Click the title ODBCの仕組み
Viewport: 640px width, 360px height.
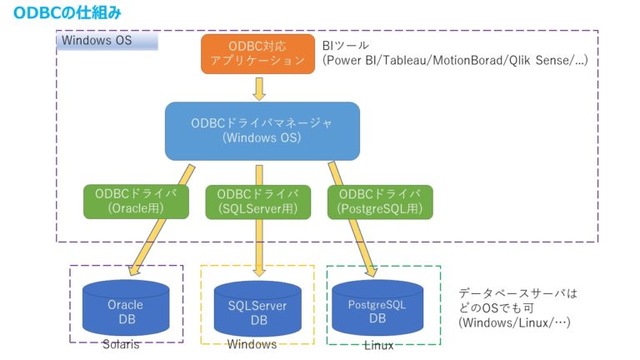tap(67, 12)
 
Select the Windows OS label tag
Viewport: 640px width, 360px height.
tap(107, 41)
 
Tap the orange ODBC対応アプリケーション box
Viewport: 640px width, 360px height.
tap(258, 54)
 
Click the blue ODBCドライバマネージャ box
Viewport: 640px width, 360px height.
tap(262, 131)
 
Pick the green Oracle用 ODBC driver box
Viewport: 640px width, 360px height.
tap(136, 202)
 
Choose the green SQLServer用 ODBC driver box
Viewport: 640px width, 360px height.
tap(258, 202)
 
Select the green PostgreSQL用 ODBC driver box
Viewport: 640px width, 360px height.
tap(380, 202)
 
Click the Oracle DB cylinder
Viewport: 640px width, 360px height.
tap(126, 307)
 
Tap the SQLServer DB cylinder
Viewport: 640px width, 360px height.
tap(257, 309)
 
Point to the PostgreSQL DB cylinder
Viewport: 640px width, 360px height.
tap(377, 307)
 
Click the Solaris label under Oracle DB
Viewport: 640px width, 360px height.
tap(121, 344)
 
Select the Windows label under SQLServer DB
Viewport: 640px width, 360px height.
tap(252, 344)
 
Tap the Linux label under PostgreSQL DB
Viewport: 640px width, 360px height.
tap(379, 345)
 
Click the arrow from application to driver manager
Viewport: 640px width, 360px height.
tap(259, 88)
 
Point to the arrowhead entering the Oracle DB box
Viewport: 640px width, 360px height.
tap(134, 270)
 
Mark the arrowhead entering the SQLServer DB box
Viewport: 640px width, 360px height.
tap(259, 272)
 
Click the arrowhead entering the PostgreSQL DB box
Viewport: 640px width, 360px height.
tap(372, 271)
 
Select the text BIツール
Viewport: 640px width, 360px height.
tap(345, 45)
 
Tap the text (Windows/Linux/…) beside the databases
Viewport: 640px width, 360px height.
tap(514, 322)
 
